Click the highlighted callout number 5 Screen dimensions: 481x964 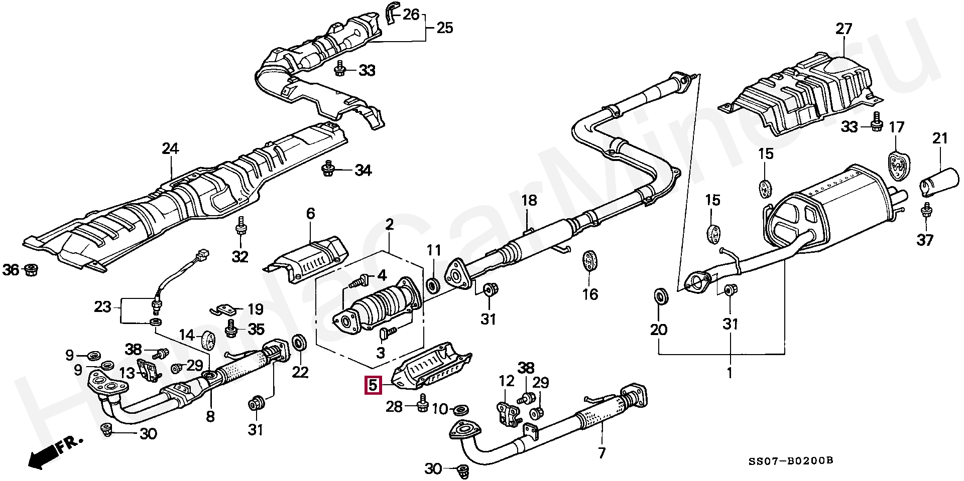tap(373, 385)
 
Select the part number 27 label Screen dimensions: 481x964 tap(843, 29)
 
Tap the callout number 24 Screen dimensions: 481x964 tap(170, 148)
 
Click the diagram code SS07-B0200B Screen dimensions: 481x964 tap(791, 461)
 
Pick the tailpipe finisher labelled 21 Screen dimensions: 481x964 tap(939, 181)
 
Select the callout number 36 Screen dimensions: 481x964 tap(11, 270)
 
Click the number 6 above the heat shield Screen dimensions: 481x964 tap(310, 214)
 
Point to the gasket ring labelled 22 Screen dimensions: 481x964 tap(300, 343)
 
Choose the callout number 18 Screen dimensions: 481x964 tap(529, 201)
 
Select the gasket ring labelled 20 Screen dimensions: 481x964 tap(661, 297)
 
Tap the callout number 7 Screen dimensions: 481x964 tap(601, 453)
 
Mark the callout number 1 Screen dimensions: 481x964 tap(730, 373)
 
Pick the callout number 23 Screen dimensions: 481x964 tap(102, 306)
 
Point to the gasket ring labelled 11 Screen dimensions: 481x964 tap(432, 286)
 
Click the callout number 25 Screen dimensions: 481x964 tap(444, 27)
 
